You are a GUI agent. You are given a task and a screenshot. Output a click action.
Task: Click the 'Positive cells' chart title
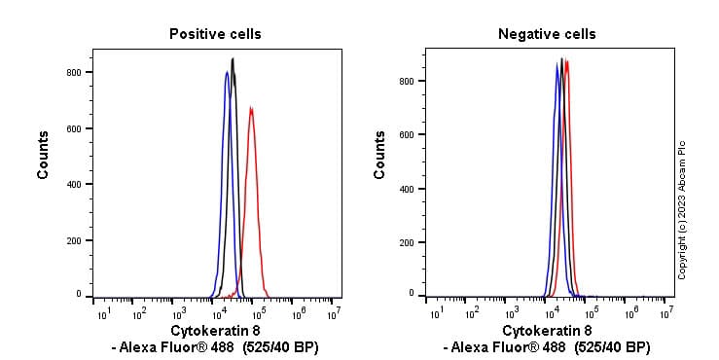pos(215,34)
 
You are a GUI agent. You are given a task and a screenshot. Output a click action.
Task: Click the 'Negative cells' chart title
pos(547,34)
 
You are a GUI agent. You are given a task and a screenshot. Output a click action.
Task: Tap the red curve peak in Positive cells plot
pos(251,108)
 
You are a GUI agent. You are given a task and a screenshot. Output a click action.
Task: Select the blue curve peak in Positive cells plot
pos(227,72)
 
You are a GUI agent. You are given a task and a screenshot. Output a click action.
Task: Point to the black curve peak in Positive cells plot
pos(233,59)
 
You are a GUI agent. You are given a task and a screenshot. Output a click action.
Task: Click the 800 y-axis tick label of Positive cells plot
pos(72,73)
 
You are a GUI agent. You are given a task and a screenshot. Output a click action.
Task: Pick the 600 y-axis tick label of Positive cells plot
pos(72,128)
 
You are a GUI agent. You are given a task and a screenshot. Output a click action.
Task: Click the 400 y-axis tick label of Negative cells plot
pos(407,188)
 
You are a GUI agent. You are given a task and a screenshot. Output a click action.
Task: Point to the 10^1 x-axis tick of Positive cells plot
pos(102,312)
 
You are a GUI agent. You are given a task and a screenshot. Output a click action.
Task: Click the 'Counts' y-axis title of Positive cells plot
pos(44,154)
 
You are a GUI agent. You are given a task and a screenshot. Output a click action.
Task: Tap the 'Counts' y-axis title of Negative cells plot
pos(379,154)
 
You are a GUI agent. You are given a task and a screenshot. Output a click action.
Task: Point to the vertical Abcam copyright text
pos(682,209)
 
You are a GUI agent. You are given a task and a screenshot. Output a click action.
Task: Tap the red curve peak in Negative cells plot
pos(566,61)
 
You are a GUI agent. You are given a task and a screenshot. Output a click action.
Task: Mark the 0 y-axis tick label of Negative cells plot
pos(412,293)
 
